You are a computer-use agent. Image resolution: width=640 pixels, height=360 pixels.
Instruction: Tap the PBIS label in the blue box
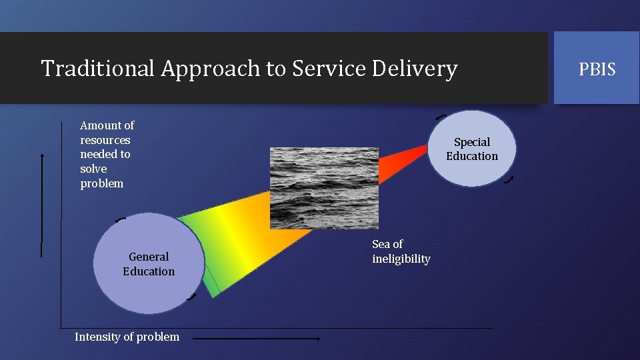[x=597, y=69]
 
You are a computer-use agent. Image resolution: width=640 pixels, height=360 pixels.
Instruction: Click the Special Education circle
[x=472, y=149]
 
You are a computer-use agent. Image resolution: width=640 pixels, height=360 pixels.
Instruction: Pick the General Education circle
[x=149, y=263]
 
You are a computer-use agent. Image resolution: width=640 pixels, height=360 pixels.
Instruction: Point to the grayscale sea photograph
[x=324, y=187]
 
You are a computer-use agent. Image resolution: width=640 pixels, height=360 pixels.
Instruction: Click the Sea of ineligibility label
[x=401, y=251]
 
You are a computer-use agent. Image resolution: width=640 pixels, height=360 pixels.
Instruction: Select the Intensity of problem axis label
[x=127, y=337]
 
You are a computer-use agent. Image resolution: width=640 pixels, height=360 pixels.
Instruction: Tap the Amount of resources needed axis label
[x=107, y=154]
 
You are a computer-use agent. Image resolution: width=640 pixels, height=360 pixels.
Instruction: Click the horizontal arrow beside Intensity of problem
[x=257, y=339]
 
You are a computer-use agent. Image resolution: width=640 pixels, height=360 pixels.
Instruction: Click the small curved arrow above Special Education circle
[x=441, y=117]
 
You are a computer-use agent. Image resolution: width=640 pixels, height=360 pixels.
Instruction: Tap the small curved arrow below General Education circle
[x=192, y=297]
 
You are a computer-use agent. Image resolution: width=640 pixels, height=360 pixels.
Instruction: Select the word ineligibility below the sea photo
[x=401, y=259]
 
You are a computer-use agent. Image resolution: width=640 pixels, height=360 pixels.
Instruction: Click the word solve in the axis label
[x=93, y=169]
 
